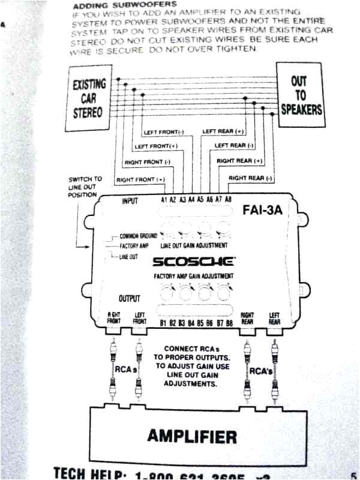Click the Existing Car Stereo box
click(88, 99)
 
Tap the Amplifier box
click(192, 436)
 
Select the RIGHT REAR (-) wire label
click(250, 178)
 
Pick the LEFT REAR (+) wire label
click(223, 131)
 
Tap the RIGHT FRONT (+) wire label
click(141, 179)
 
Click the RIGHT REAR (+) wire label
click(240, 161)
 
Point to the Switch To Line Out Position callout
click(85, 187)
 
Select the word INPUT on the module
click(130, 201)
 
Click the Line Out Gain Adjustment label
click(194, 246)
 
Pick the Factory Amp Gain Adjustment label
click(194, 275)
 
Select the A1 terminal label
click(164, 200)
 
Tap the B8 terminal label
click(229, 324)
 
